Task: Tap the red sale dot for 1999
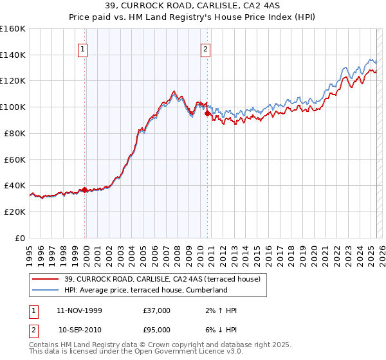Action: pos(84,190)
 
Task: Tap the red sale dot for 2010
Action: pos(207,114)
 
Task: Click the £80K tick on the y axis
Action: pos(15,133)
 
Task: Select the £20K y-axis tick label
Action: pos(15,212)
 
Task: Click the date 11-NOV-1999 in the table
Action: pos(79,310)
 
